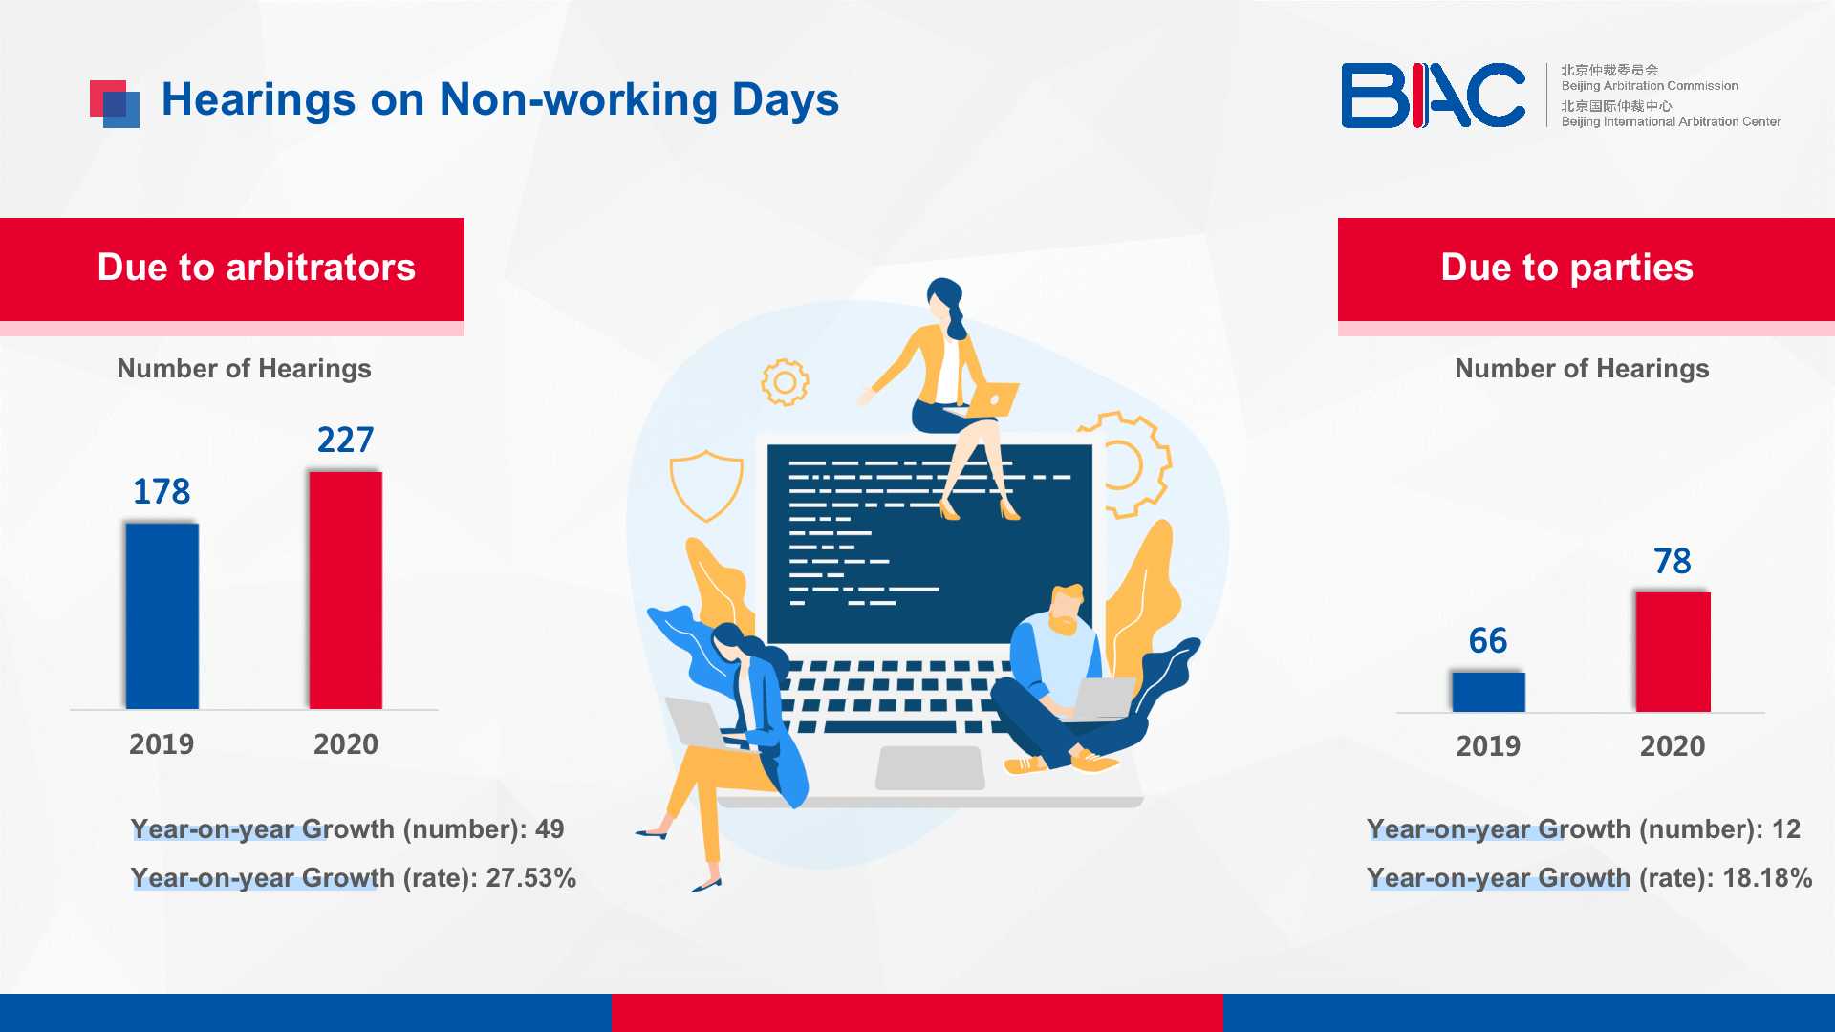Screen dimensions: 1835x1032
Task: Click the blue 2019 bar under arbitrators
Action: (x=162, y=616)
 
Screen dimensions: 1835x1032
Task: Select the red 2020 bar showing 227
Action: (x=346, y=591)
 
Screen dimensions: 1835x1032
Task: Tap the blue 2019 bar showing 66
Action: (x=1488, y=692)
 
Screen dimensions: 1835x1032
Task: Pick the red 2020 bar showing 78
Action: (x=1673, y=652)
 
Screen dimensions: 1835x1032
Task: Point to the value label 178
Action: (x=162, y=491)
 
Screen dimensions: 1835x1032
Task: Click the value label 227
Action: (x=345, y=440)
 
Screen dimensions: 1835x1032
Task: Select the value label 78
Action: (x=1673, y=561)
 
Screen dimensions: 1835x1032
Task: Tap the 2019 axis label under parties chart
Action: (x=1488, y=745)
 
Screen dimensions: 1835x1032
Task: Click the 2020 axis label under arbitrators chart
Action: (x=346, y=743)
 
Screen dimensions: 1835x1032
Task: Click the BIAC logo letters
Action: (x=1433, y=96)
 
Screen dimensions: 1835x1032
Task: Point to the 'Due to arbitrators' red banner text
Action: (x=256, y=268)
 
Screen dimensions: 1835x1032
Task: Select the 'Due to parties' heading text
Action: (x=1567, y=268)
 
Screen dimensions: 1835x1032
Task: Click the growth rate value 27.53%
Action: (x=531, y=877)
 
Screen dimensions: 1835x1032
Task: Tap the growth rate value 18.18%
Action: (x=1767, y=877)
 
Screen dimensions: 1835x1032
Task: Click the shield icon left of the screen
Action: (x=706, y=485)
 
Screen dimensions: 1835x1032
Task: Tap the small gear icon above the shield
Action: (x=785, y=382)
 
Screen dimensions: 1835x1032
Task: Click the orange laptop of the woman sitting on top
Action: (x=994, y=399)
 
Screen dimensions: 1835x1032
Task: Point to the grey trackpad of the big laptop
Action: (x=930, y=768)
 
